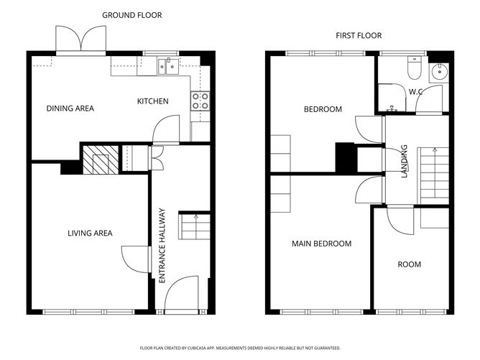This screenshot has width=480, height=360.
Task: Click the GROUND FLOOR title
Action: point(132,15)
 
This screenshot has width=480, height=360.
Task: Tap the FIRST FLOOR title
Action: point(359,35)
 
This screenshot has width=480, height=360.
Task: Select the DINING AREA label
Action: point(70,109)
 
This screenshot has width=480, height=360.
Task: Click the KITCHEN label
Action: point(153,101)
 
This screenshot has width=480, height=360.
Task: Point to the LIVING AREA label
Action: point(90,234)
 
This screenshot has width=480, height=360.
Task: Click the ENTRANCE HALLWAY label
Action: point(162,246)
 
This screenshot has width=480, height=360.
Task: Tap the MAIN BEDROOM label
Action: point(321,244)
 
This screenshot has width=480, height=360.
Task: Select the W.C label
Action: point(416,91)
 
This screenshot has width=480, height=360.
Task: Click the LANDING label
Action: point(405,161)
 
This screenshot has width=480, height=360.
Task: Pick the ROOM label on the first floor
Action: point(410,264)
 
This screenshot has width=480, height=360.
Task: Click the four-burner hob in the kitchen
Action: point(200,101)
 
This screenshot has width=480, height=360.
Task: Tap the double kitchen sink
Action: point(168,66)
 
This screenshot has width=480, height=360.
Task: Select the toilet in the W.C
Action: point(415,68)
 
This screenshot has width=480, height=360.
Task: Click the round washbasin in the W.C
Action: point(440,72)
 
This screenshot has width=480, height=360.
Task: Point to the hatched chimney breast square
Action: point(101,160)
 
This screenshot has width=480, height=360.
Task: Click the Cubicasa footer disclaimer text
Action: point(240,348)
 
